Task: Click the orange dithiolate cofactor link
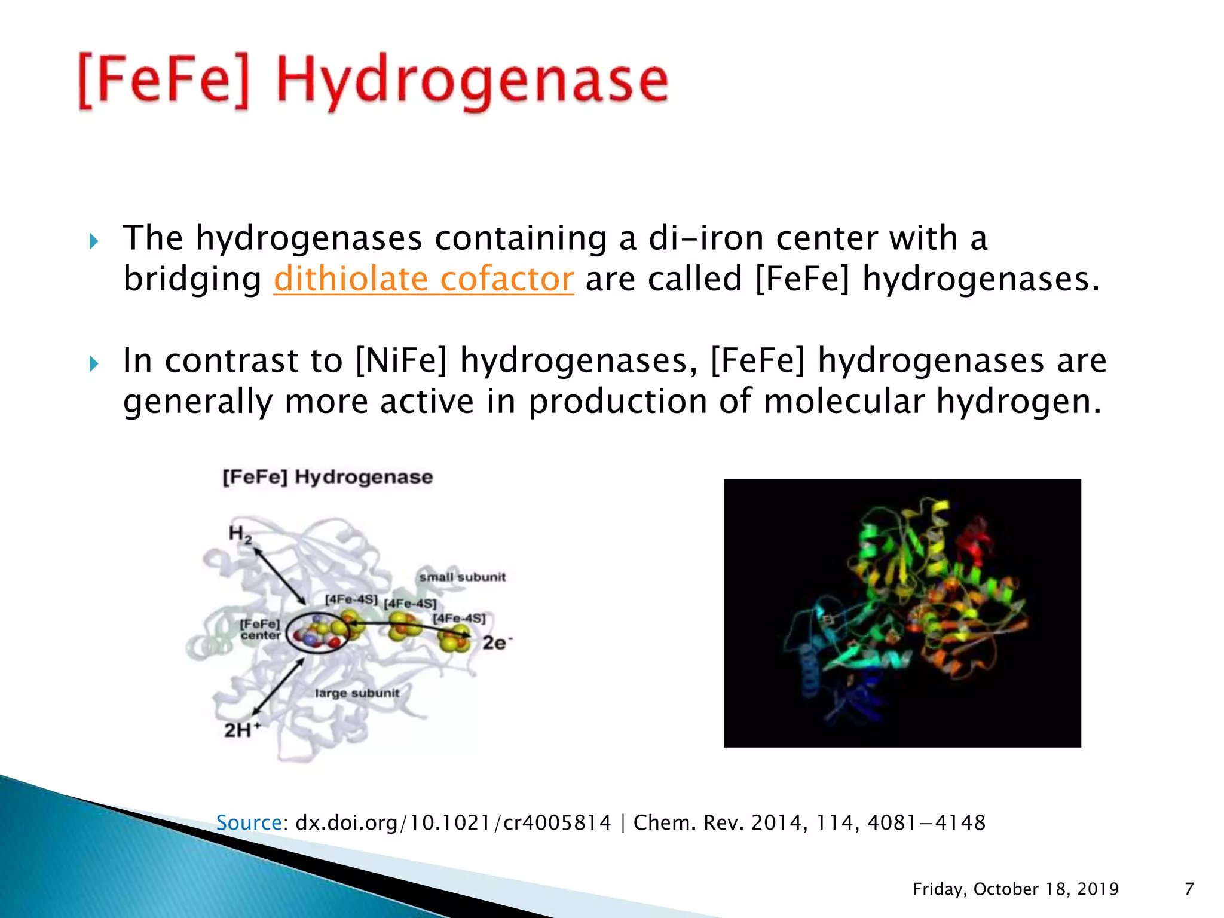click(423, 279)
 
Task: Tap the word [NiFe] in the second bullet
click(401, 360)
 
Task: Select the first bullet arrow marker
click(94, 242)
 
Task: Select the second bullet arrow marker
click(94, 363)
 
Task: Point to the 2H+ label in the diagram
click(242, 730)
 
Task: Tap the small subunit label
click(462, 577)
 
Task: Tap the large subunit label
click(357, 693)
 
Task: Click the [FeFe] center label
click(260, 630)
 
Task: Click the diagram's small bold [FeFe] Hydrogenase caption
click(328, 477)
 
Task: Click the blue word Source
click(248, 823)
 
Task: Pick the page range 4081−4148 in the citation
click(926, 823)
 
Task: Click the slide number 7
click(1189, 889)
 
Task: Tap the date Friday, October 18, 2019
click(1015, 889)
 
